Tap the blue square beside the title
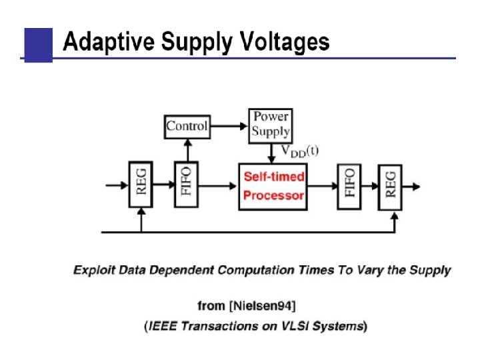click(38, 44)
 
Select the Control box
click(187, 126)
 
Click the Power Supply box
click(271, 125)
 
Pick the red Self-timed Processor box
click(273, 186)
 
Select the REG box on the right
click(391, 186)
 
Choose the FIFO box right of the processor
click(350, 186)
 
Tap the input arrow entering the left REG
click(116, 186)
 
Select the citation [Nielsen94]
click(263, 305)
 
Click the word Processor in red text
click(273, 196)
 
